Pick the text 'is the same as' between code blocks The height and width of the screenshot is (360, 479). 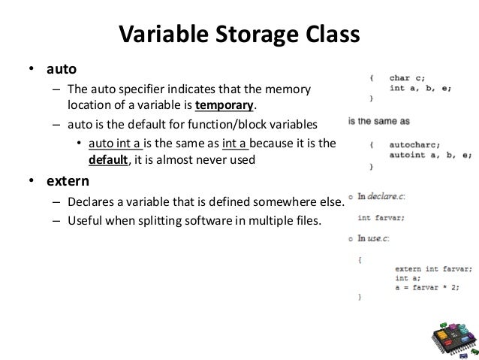(378, 120)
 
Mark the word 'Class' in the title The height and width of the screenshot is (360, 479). (330, 35)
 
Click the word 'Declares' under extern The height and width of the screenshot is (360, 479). (92, 201)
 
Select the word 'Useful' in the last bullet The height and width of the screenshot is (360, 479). (85, 220)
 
